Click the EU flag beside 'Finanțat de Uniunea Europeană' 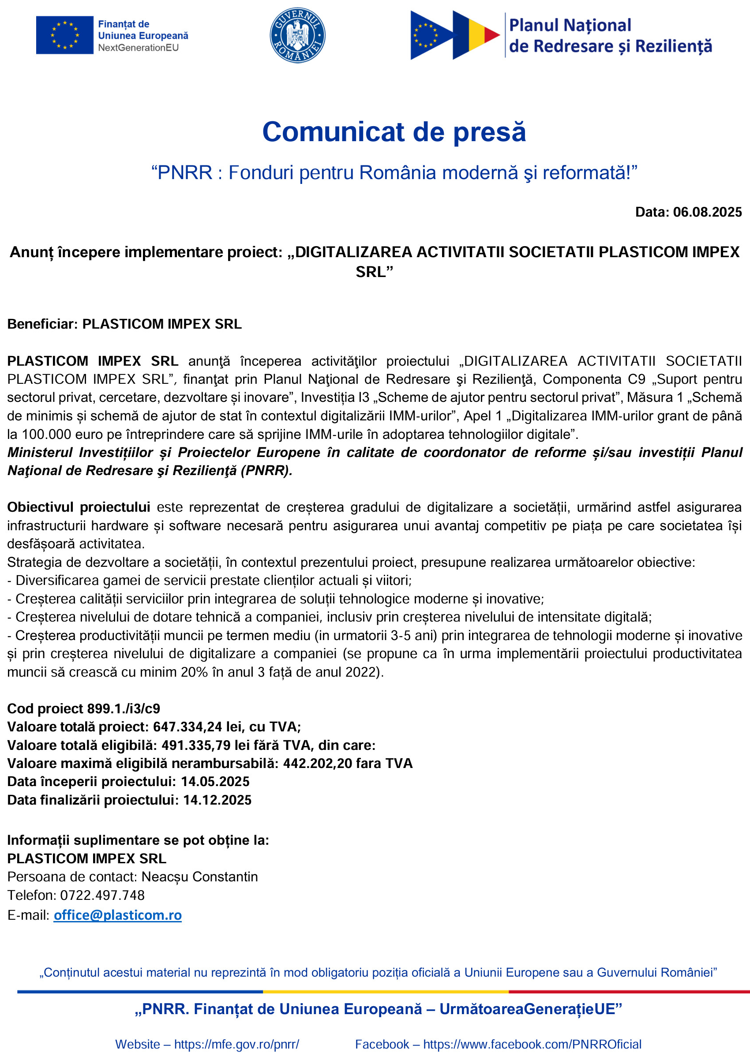[x=65, y=35]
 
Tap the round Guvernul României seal [x=297, y=35]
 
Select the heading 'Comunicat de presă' [x=394, y=132]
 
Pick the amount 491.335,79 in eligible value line [x=196, y=745]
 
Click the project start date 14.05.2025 [x=215, y=782]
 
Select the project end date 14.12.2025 [x=217, y=800]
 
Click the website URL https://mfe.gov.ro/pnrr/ [x=236, y=1044]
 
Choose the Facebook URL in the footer [x=532, y=1044]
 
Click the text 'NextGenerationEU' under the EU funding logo [x=138, y=48]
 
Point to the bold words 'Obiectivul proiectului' [x=79, y=507]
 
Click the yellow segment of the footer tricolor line [x=386, y=992]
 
